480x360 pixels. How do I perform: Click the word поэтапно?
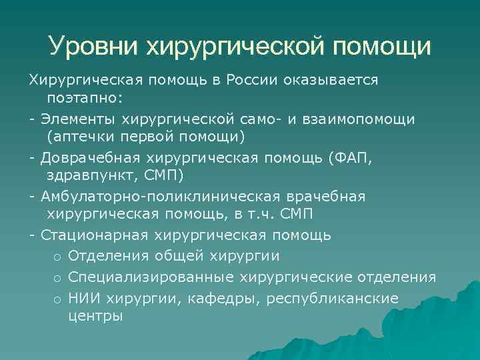(84, 98)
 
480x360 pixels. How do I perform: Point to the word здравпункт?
(89, 176)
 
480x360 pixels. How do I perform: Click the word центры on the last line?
(95, 316)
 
